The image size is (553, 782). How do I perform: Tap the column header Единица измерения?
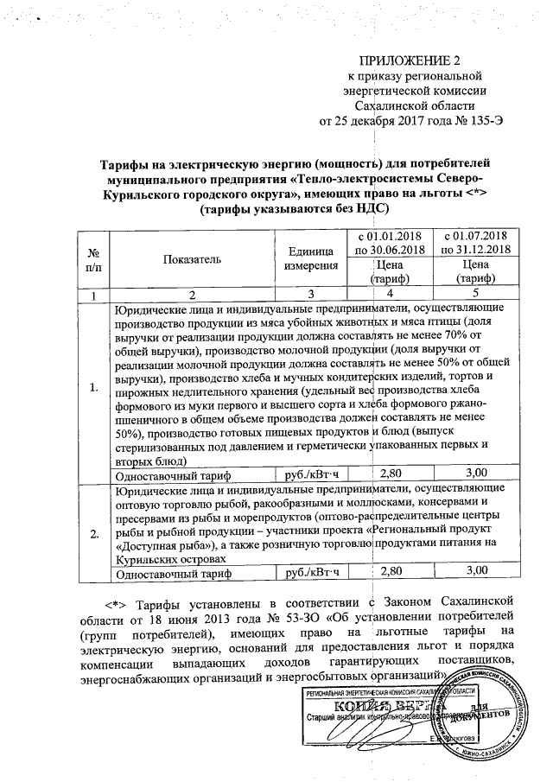[302, 257]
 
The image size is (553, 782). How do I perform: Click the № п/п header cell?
[93, 257]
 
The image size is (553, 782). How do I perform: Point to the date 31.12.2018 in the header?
[478, 250]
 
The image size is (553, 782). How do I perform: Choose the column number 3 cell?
[302, 296]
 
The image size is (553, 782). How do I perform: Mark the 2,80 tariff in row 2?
[391, 570]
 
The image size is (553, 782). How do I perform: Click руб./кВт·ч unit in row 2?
[302, 570]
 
